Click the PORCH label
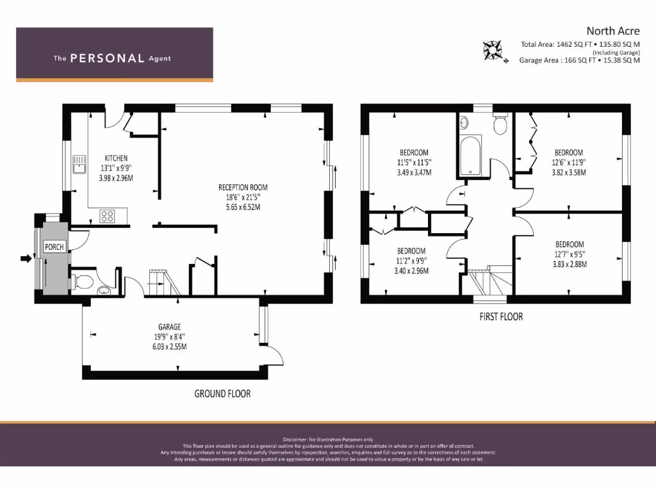(x=54, y=247)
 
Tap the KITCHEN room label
(x=116, y=158)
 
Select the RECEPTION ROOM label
(x=243, y=188)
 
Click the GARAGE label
(x=170, y=327)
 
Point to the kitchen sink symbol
(x=80, y=165)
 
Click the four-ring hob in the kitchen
(x=108, y=217)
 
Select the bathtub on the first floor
(x=471, y=154)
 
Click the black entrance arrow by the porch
(x=26, y=259)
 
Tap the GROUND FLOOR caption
(x=222, y=393)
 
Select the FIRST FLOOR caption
(x=501, y=316)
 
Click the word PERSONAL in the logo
(x=107, y=58)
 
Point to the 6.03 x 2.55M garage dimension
(x=170, y=347)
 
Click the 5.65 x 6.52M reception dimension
(x=243, y=207)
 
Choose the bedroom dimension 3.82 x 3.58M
(x=569, y=172)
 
